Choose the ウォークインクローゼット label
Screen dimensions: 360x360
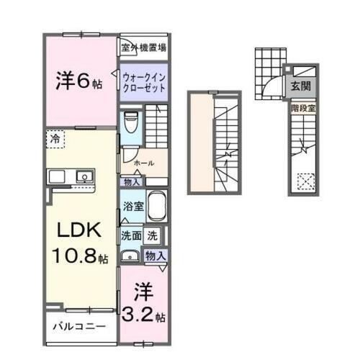tap(143, 78)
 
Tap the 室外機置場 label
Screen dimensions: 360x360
tap(144, 48)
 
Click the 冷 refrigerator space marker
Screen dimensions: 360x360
tap(55, 136)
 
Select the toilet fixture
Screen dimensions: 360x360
tap(130, 123)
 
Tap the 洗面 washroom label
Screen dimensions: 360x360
tap(130, 234)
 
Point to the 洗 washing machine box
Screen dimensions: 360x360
tap(153, 234)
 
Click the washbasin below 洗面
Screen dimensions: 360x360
tap(130, 255)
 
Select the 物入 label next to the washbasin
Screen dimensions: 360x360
tap(156, 256)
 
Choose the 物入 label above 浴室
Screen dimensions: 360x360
tap(132, 183)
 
